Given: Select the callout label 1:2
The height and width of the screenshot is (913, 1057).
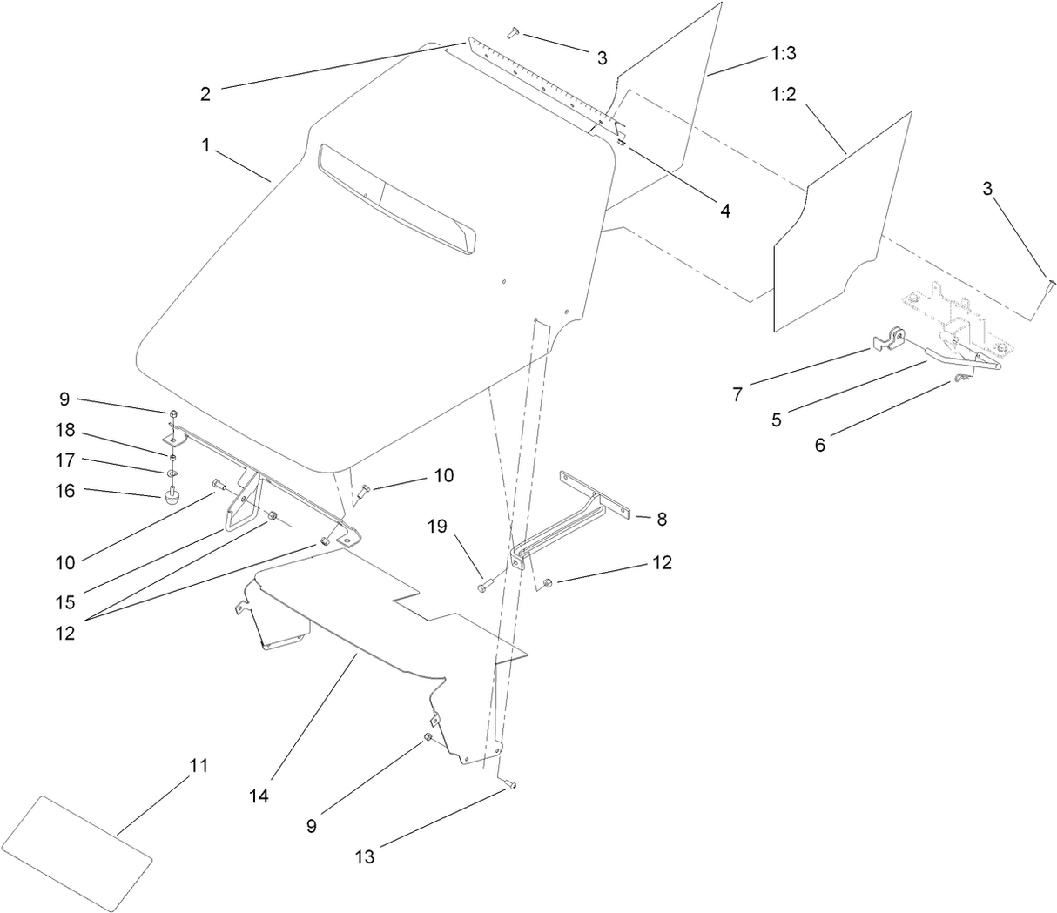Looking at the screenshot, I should [784, 94].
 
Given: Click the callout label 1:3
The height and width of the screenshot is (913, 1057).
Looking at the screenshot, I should [784, 53].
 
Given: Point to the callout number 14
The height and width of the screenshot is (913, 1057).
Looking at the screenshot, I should [259, 796].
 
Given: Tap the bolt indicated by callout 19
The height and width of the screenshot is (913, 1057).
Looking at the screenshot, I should [483, 587].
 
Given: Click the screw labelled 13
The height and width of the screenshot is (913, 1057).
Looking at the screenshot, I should [510, 786].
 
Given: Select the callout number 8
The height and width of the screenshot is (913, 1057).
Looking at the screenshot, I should [662, 520].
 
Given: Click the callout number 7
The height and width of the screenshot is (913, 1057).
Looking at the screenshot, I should [737, 394].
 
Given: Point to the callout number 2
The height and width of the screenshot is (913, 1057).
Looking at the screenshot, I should [205, 94].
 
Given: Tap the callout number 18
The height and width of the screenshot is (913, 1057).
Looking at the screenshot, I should [65, 430].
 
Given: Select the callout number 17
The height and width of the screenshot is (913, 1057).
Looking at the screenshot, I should [65, 460].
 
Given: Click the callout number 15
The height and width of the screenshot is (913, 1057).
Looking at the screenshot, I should [65, 602].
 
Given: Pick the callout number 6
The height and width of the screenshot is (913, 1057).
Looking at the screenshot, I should [819, 444].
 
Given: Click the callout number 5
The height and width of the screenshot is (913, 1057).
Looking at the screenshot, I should [777, 419].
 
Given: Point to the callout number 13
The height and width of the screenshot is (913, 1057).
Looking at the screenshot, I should [365, 856].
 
